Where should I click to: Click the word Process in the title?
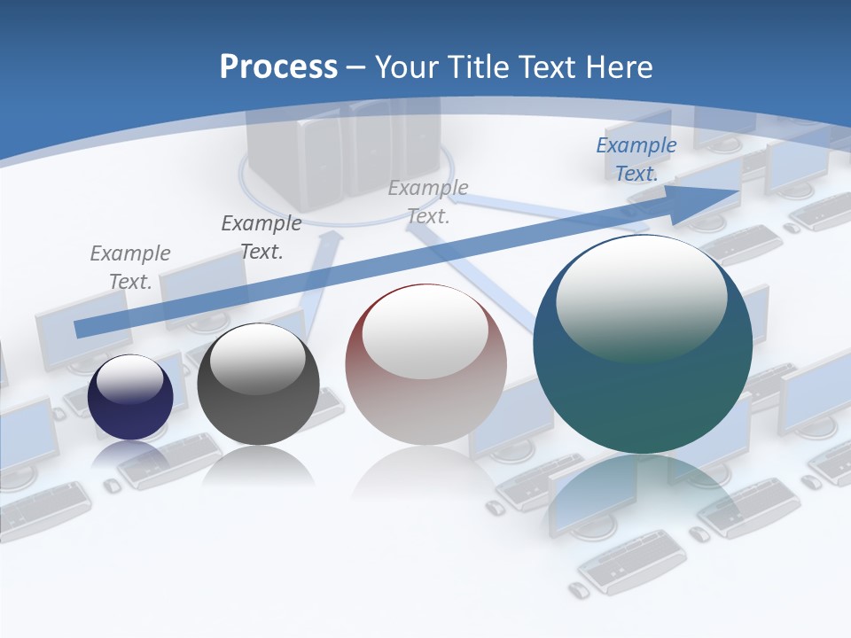point(278,67)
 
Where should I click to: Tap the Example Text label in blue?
point(636,159)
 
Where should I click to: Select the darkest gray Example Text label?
point(261,237)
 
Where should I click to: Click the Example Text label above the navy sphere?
point(129,268)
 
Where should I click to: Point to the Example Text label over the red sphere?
point(427,202)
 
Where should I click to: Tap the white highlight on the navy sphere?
point(129,379)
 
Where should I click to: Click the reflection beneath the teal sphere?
point(643,496)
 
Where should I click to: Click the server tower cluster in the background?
point(344,151)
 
